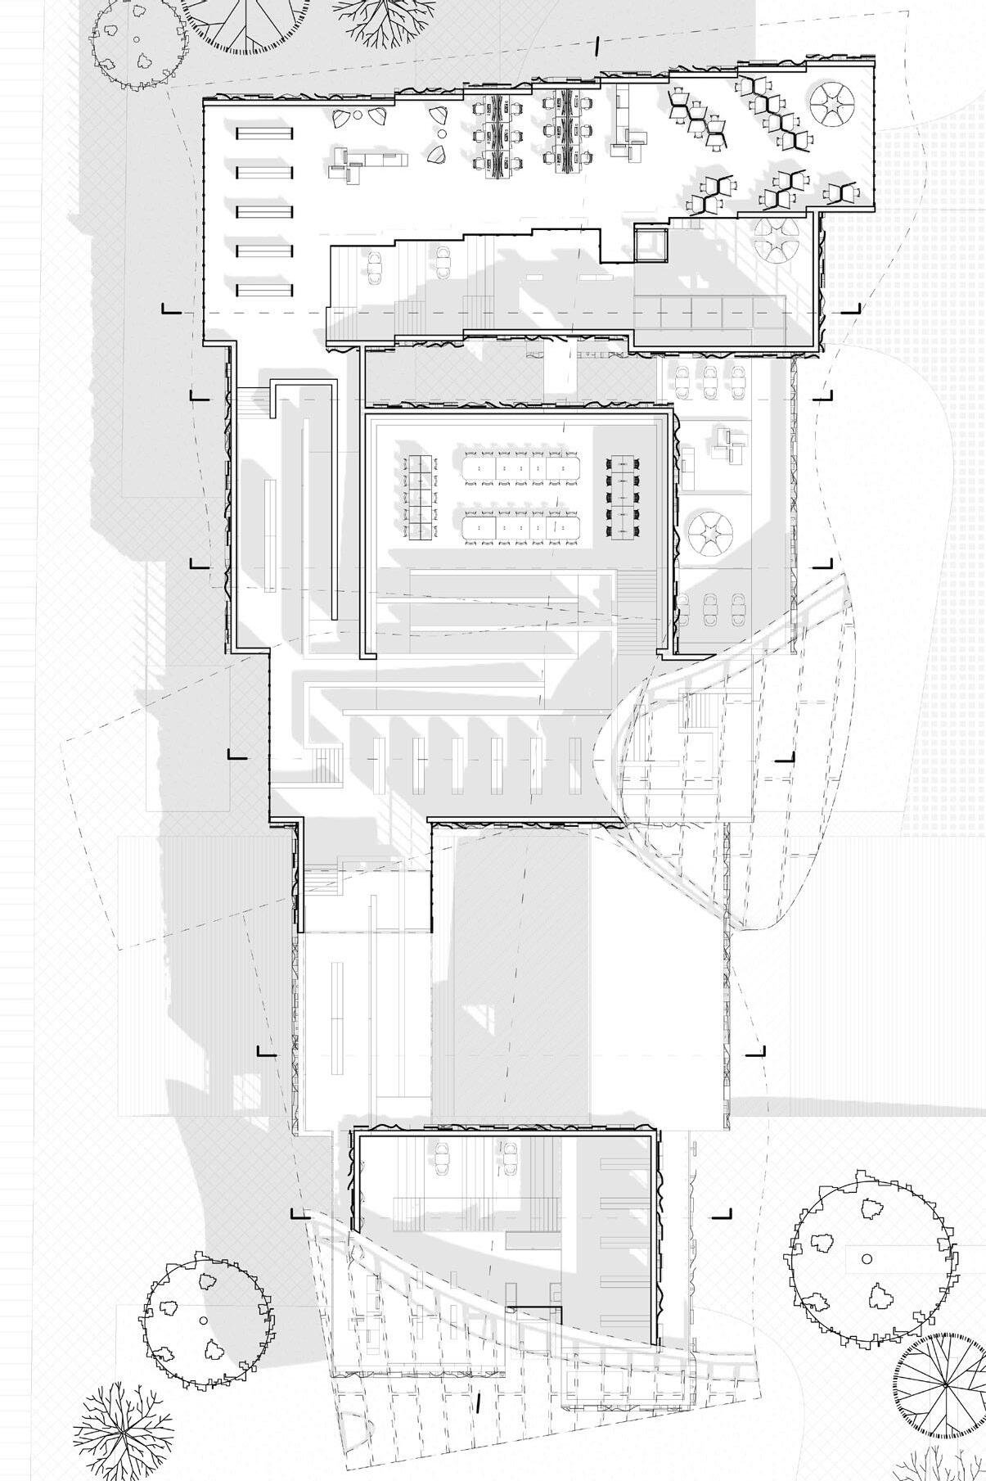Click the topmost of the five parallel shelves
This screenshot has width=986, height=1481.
pos(263,134)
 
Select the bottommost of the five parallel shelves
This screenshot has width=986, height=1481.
pos(263,289)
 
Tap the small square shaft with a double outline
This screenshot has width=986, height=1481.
pos(652,244)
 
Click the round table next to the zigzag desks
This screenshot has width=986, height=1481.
pos(832,102)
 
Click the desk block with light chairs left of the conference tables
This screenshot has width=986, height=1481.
pos(418,498)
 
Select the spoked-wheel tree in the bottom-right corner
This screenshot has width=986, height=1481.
pos(943,1384)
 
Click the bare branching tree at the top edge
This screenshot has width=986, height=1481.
pos(375,18)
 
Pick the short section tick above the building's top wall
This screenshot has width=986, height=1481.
pos(597,47)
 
